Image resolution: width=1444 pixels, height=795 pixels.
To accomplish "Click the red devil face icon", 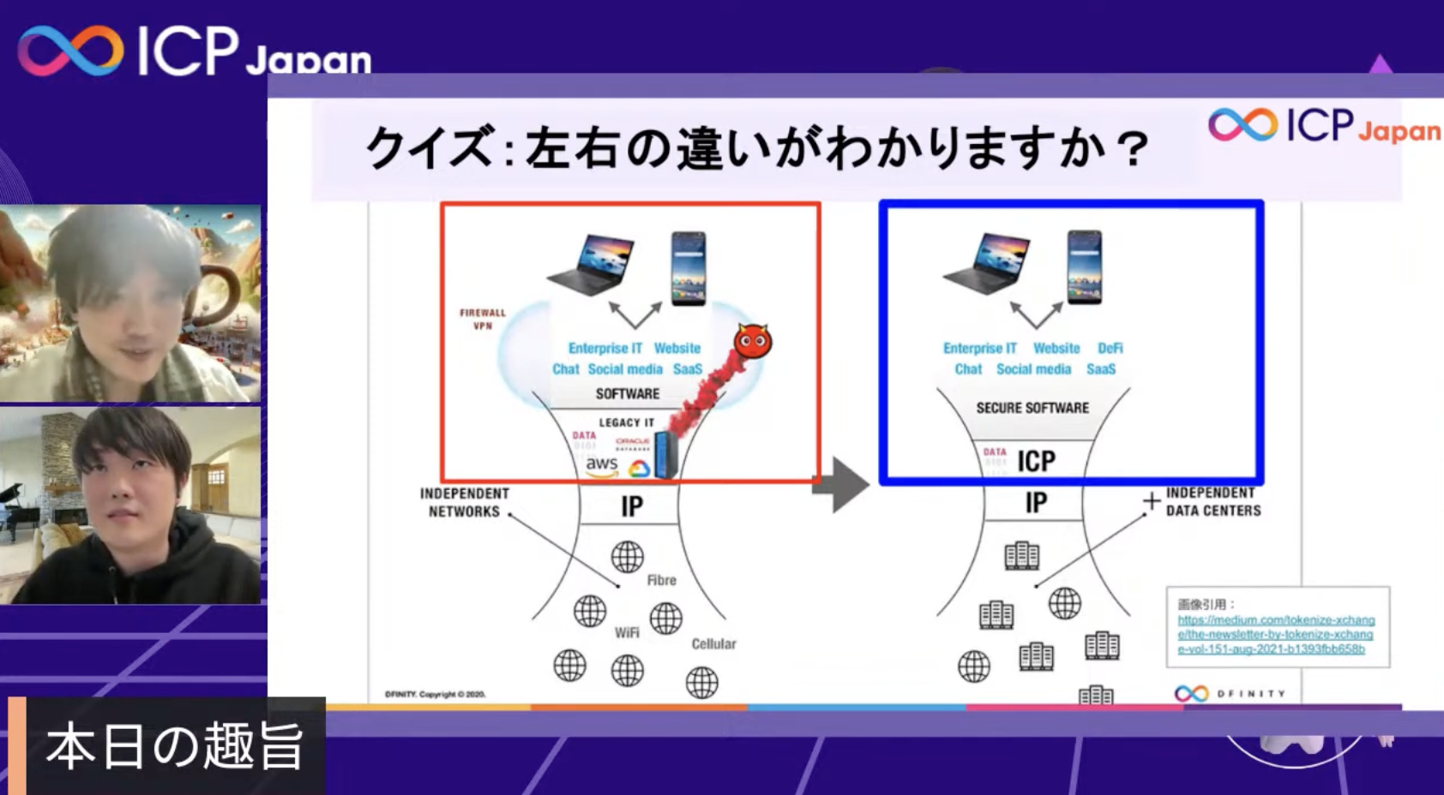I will [753, 341].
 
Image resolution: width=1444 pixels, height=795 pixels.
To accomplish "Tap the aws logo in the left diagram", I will [601, 464].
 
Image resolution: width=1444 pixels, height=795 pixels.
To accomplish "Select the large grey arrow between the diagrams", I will [841, 485].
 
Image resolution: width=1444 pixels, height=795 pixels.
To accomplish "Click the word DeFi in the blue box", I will [1110, 348].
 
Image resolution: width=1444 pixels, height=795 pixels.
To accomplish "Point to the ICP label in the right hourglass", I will [1036, 461].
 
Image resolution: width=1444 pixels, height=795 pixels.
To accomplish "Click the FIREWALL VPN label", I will [483, 319].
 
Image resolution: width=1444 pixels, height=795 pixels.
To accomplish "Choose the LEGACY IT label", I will [626, 422].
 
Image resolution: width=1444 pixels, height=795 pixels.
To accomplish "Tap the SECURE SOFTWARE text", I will [1032, 408].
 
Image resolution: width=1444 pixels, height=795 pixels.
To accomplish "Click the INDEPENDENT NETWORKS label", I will [464, 502].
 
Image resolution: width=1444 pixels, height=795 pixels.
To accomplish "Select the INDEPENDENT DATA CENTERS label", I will [1212, 501].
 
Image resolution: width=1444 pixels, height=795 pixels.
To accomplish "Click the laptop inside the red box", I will [591, 262].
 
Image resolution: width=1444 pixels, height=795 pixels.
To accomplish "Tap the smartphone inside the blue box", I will [1084, 266].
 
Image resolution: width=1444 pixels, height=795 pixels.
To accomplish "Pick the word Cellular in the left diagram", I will [713, 643].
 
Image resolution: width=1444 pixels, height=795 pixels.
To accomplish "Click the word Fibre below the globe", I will [661, 580].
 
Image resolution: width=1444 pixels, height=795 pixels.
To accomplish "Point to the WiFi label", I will [627, 632].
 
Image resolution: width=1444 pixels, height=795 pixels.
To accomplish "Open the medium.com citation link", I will [1275, 634].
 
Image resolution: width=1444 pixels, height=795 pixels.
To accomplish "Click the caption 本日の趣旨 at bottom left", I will [175, 746].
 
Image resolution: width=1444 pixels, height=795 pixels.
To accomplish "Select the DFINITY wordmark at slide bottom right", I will [1251, 693].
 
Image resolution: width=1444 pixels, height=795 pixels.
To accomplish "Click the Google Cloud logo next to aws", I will [639, 469].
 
